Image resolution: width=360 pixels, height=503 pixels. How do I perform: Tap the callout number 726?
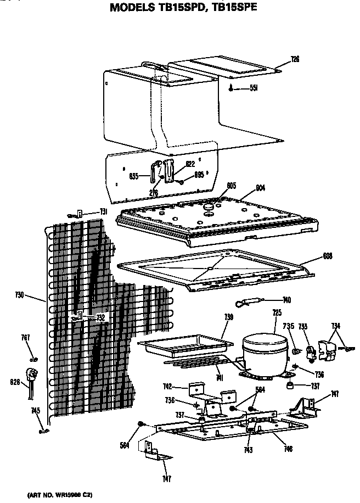point(295,59)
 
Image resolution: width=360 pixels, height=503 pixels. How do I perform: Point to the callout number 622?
point(189,164)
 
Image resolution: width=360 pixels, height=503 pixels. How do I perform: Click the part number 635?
point(133,176)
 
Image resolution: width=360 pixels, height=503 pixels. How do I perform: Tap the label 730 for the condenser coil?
point(19,295)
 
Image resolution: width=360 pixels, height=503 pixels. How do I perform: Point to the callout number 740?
point(286,300)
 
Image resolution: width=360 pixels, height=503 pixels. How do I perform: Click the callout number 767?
point(26,337)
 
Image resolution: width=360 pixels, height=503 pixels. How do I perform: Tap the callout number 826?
point(15,381)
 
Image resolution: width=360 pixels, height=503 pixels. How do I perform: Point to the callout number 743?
point(248,451)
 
